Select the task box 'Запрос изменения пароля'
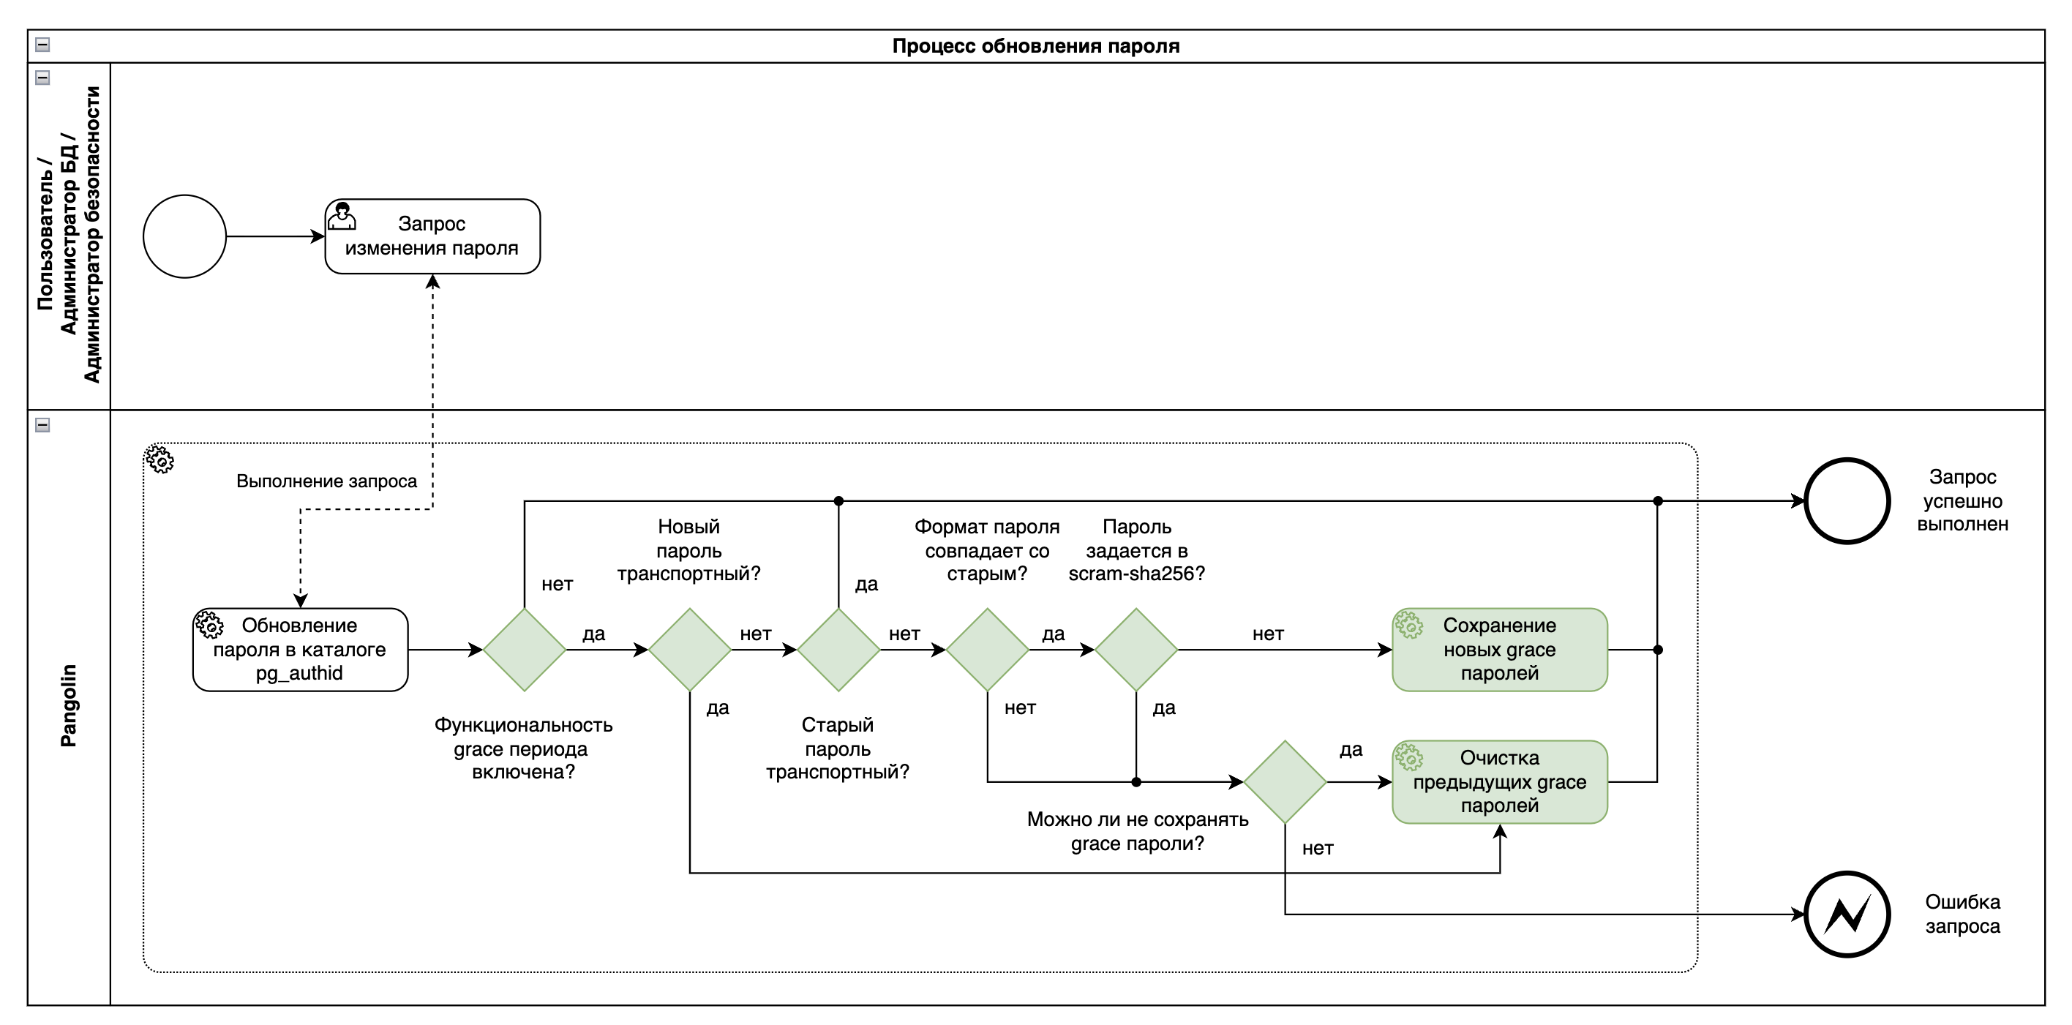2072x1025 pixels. [432, 236]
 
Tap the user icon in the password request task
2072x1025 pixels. [342, 216]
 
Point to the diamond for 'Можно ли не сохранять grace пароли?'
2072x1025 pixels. [1285, 781]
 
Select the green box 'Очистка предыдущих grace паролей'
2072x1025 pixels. [1499, 781]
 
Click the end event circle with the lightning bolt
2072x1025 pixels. [1847, 914]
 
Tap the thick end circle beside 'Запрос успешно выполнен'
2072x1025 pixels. [1847, 501]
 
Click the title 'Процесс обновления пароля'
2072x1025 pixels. [1036, 46]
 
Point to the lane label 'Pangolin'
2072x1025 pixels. [70, 705]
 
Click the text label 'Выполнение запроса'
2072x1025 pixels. [326, 481]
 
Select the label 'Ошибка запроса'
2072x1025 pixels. [1962, 914]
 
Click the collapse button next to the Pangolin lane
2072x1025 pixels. [42, 425]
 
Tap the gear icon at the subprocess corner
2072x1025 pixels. [160, 459]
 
